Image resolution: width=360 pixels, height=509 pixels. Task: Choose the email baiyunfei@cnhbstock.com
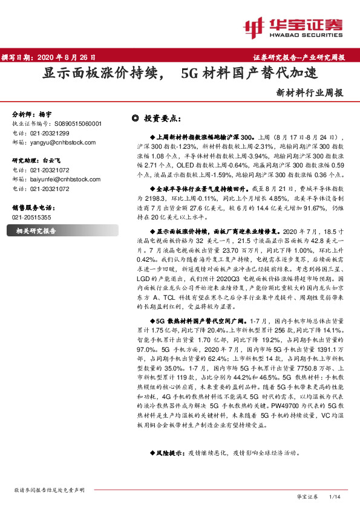tap(65, 180)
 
